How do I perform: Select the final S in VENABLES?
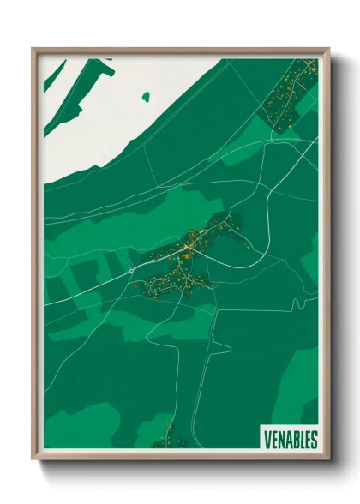click(314, 439)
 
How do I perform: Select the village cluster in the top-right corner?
click(291, 94)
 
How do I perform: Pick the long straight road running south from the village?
click(213, 369)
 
